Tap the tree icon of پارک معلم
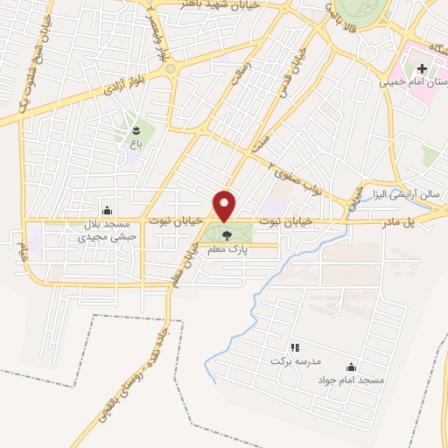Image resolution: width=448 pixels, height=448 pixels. (227, 234)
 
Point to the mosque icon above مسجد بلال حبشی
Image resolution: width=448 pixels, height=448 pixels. (107, 209)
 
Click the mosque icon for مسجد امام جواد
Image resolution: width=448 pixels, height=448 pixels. (351, 367)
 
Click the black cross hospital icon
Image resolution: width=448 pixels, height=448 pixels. (422, 68)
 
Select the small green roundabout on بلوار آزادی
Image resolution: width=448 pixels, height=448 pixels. (171, 69)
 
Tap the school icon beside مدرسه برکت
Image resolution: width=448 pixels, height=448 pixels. (294, 347)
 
